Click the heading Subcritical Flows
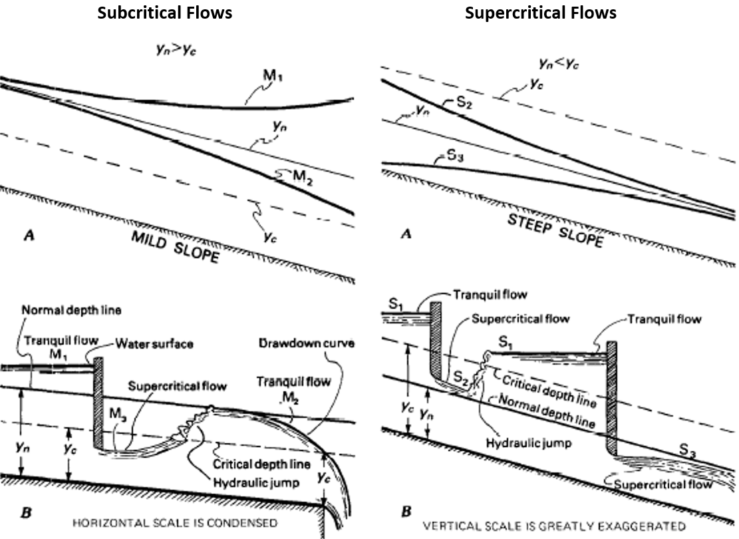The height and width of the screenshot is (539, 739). coord(165,13)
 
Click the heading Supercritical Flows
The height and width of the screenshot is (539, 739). coord(540,13)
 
